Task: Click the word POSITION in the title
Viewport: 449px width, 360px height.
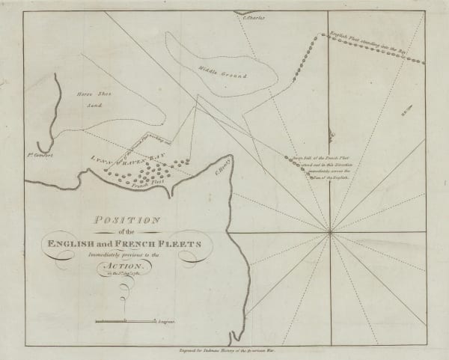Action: (x=125, y=220)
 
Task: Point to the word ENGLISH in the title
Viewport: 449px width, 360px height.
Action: (x=79, y=240)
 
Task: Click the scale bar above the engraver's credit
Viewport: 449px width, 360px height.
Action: (x=124, y=320)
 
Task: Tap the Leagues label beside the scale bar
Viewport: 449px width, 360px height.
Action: (x=166, y=321)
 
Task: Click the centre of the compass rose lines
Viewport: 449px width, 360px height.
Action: (x=329, y=233)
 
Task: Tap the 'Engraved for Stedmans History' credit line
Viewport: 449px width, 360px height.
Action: (x=224, y=349)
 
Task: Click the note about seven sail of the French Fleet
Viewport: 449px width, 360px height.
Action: (x=315, y=169)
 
